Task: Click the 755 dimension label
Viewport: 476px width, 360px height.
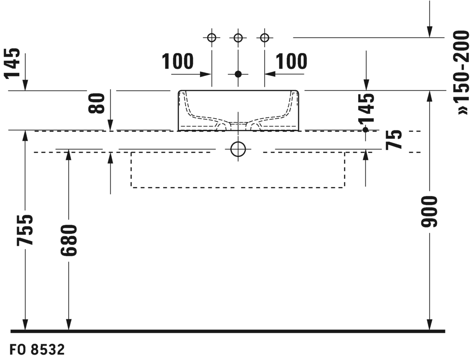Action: [25, 230]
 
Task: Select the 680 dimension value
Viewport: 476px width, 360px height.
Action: [69, 240]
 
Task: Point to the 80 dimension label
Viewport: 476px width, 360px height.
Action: [97, 103]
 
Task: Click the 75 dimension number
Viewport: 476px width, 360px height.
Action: [394, 140]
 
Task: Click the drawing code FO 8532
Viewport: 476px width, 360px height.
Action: [37, 350]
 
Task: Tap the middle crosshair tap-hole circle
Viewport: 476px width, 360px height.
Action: [238, 38]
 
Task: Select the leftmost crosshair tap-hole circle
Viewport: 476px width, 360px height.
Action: [212, 38]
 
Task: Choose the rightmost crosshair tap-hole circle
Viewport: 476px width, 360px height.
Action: [265, 38]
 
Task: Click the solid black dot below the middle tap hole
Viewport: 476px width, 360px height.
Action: [238, 74]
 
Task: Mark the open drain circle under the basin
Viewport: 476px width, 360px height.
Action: [238, 149]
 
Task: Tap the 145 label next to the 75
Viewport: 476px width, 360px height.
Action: [366, 108]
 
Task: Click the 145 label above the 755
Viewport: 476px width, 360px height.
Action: [13, 63]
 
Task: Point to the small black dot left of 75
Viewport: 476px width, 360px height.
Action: [365, 130]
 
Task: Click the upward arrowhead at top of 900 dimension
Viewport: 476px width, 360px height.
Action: [429, 96]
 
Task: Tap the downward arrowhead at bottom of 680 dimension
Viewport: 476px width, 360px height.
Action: [69, 324]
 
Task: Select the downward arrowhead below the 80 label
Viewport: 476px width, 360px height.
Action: [111, 125]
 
